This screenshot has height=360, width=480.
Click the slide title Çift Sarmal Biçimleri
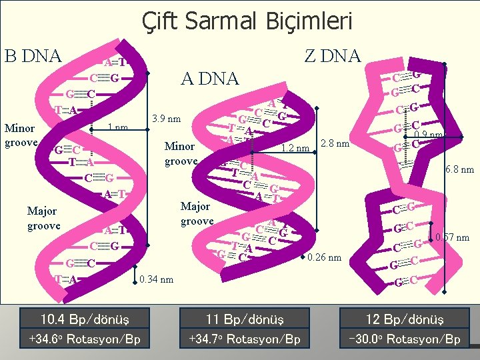pyautogui.click(x=247, y=21)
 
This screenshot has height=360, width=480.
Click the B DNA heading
pyautogui.click(x=33, y=55)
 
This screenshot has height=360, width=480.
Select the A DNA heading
pyautogui.click(x=209, y=79)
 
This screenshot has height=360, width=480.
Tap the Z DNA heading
pyautogui.click(x=332, y=56)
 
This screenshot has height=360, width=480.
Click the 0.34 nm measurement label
pyautogui.click(x=157, y=279)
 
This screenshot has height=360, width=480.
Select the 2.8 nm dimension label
pyautogui.click(x=335, y=143)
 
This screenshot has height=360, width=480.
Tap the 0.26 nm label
pyautogui.click(x=325, y=257)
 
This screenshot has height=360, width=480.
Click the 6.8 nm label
pyautogui.click(x=459, y=169)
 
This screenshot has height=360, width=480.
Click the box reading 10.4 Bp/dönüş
pyautogui.click(x=85, y=317)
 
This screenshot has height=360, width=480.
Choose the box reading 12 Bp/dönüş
pyautogui.click(x=404, y=317)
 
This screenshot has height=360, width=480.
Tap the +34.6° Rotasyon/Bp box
pyautogui.click(x=85, y=339)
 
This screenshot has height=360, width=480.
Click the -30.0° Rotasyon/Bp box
pyautogui.click(x=404, y=339)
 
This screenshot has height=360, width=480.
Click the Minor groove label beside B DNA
pyautogui.click(x=21, y=133)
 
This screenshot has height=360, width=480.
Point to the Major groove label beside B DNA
pyautogui.click(x=43, y=219)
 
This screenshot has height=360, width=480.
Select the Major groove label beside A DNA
pyautogui.click(x=197, y=213)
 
